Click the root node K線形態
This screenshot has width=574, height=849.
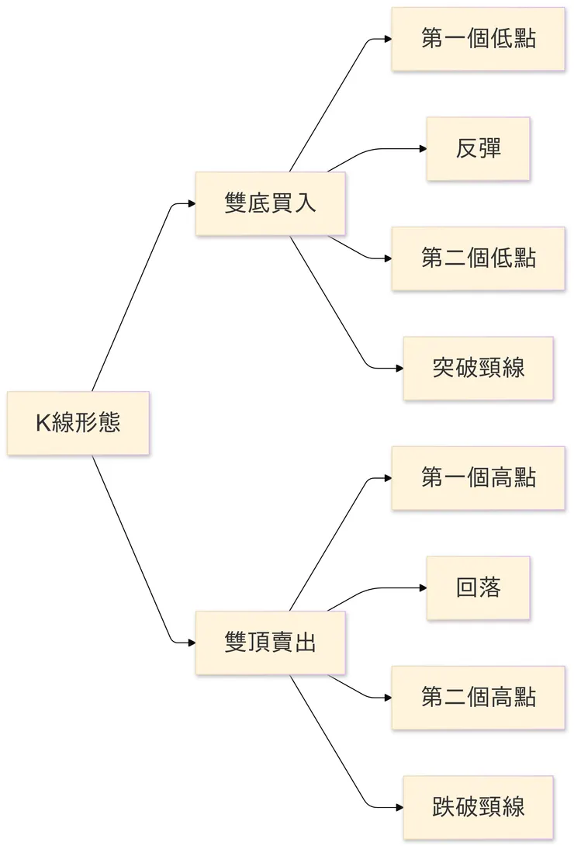78,424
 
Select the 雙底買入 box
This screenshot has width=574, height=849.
270,204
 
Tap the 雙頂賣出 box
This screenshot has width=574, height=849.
270,643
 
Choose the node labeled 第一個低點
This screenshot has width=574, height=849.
478,40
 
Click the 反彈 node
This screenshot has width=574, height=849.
478,149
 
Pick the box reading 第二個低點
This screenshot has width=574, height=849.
478,258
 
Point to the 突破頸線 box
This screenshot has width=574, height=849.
478,368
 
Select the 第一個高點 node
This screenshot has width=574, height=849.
478,478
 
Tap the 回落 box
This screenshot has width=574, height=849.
478,587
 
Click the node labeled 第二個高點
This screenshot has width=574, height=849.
478,697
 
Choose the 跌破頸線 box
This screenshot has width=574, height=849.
478,807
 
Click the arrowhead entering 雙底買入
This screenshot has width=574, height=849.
191,204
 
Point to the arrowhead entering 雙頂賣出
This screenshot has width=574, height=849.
191,643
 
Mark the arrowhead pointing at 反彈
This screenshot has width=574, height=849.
423,149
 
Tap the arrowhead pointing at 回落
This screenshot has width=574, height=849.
423,587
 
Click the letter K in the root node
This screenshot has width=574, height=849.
42,424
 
